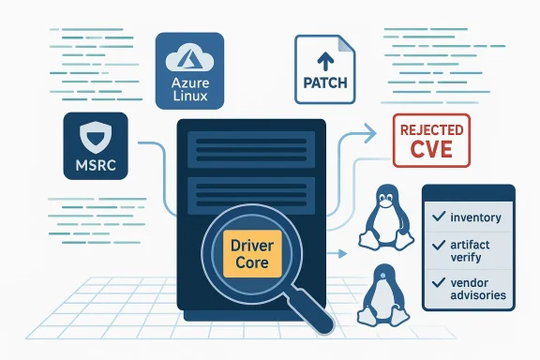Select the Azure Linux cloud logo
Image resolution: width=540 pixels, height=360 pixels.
(x=189, y=60)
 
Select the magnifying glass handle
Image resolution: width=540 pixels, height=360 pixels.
(x=319, y=316)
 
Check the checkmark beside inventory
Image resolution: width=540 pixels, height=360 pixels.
(x=437, y=217)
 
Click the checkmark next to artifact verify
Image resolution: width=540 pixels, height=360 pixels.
(x=437, y=244)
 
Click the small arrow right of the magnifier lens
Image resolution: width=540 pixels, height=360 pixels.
(x=335, y=253)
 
